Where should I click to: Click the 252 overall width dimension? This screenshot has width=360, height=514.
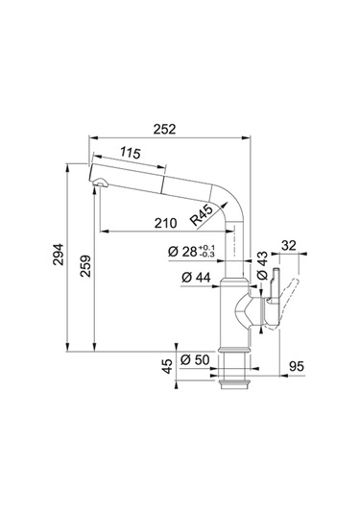[x=164, y=129]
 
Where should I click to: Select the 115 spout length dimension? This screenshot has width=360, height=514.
[x=130, y=153]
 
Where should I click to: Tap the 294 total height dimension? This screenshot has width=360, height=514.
[x=59, y=255]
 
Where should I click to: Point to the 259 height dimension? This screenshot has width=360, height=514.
[x=85, y=266]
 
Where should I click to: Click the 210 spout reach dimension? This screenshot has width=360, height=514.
[x=166, y=224]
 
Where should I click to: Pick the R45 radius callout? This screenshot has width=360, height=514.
[x=203, y=216]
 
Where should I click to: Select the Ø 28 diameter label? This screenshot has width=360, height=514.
[x=182, y=252]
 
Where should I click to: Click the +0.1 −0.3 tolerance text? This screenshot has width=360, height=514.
[x=206, y=251]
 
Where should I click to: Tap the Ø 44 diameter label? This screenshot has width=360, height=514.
[x=196, y=278]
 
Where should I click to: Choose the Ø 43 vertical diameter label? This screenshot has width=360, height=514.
[x=262, y=266]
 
